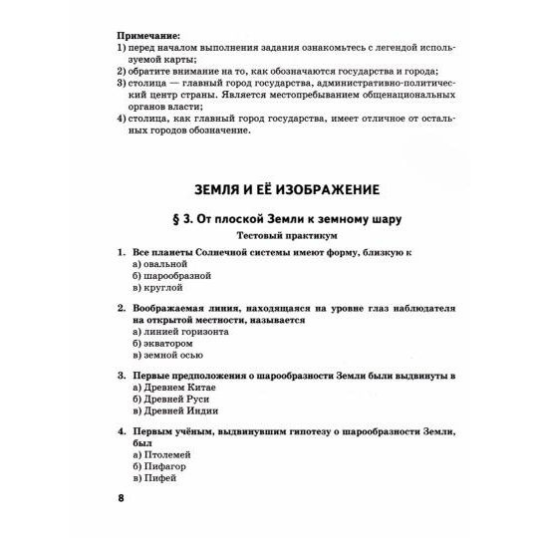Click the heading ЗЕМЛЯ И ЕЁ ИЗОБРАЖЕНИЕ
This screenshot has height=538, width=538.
269,188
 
